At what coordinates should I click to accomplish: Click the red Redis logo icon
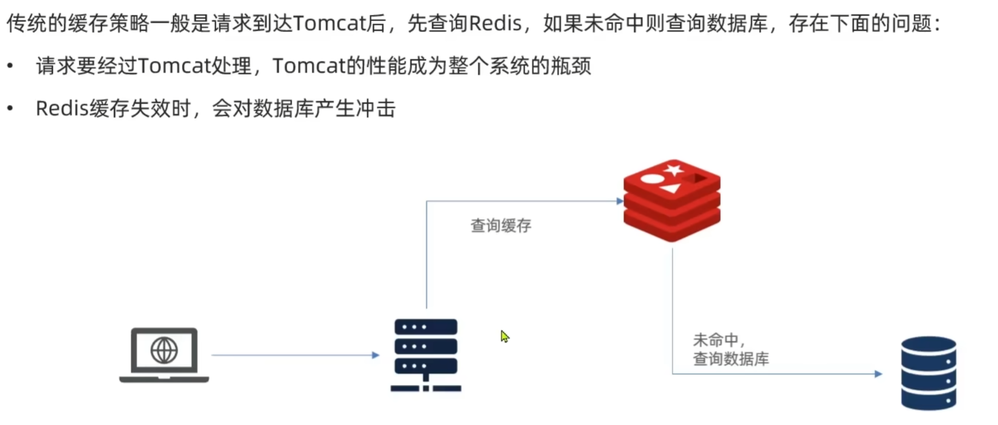coord(672,200)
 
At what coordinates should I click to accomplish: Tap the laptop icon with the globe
coord(164,355)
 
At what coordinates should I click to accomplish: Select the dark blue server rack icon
coord(426,355)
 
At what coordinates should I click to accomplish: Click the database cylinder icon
coord(928,373)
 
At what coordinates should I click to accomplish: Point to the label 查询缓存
coord(501,225)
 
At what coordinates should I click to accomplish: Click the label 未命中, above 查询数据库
coord(716,340)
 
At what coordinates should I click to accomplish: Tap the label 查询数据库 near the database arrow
coord(731,358)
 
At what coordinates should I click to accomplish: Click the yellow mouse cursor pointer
coord(504,336)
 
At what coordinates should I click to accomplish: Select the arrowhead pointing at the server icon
coord(375,355)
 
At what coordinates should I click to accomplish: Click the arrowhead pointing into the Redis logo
coord(620,201)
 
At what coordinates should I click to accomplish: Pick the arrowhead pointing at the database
coord(878,374)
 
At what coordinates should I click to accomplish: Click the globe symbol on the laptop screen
coord(164,350)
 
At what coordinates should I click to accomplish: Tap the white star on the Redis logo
coord(674,170)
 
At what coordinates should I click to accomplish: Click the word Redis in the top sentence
coord(494,24)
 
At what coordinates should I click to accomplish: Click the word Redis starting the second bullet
coord(62,109)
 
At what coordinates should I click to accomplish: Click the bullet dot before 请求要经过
coord(10,66)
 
